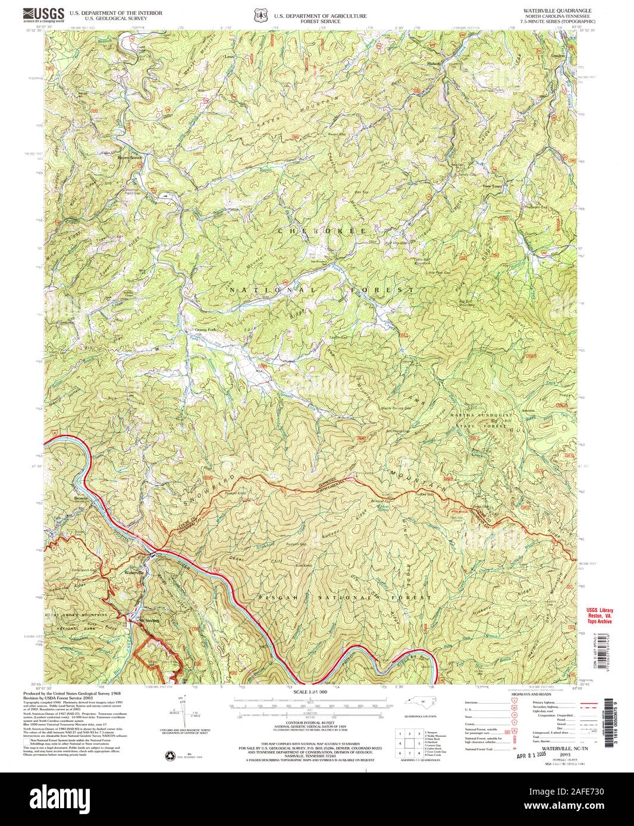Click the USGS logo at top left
click(x=43, y=12)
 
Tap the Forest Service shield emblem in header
click(x=258, y=13)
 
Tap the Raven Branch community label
click(x=130, y=157)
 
